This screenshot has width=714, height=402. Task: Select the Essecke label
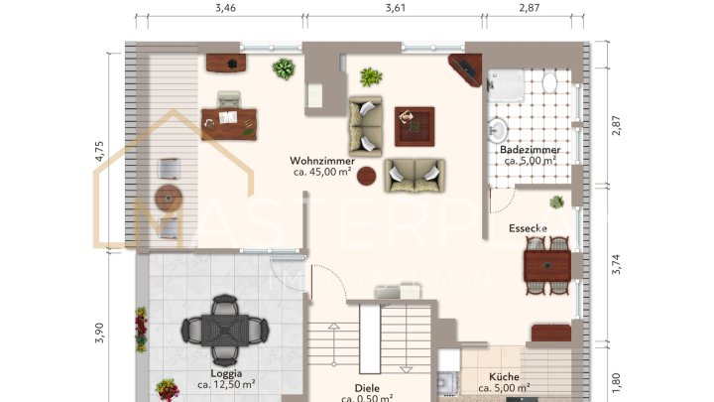pos(529,228)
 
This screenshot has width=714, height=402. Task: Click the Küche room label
pos(503,377)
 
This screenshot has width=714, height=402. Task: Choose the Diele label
pos(368,389)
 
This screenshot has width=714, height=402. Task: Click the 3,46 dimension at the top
pos(226,8)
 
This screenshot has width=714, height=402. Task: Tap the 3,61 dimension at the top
pos(397,8)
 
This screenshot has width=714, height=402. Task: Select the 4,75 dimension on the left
pos(99,150)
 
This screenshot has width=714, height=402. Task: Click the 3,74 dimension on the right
pos(616,266)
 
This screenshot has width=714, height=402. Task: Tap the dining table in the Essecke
pos(546,265)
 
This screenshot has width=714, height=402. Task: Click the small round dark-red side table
pos(367,177)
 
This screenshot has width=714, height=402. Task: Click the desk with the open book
pos(229,122)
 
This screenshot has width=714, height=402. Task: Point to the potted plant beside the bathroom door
pos(557,201)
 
